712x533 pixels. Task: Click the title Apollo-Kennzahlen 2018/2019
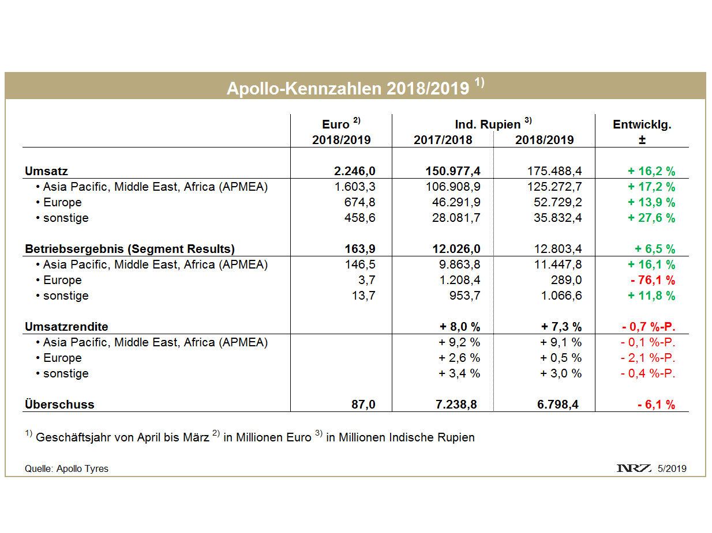[x=348, y=88]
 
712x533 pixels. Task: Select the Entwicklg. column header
[x=642, y=124]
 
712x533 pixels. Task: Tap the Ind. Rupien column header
[x=489, y=124]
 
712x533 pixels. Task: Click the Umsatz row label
[x=47, y=171]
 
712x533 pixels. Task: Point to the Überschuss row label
[x=59, y=405]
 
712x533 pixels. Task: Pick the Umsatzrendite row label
[x=66, y=327]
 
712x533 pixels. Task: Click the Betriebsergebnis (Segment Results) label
[x=130, y=249]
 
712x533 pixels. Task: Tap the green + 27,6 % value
[x=651, y=218]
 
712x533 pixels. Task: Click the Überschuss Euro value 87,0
[x=362, y=405]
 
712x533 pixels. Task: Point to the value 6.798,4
[x=557, y=405]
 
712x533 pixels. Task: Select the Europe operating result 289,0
[x=567, y=280]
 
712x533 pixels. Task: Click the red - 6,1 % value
[x=656, y=405]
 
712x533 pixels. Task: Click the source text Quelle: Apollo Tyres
[x=66, y=468]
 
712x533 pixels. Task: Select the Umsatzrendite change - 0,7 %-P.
[x=649, y=327]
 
